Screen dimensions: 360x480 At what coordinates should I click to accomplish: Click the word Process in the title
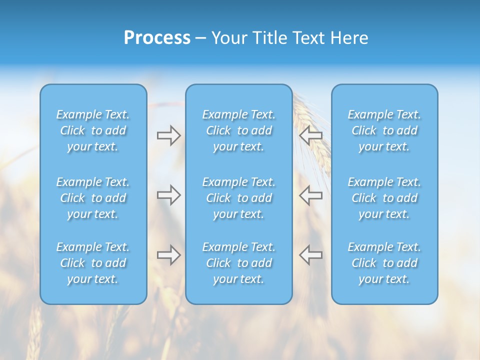tap(157, 38)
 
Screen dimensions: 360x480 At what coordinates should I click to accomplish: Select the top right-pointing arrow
tap(168, 135)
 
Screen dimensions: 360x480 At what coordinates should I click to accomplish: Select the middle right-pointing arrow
tap(168, 195)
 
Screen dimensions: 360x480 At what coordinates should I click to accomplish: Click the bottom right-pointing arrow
tap(168, 255)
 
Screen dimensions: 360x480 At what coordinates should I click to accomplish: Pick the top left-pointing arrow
tap(310, 135)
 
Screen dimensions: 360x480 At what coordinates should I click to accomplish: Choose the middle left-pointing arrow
tap(310, 195)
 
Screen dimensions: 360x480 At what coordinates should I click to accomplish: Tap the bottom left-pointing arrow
tap(310, 255)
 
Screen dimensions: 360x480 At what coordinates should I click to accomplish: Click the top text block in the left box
tap(93, 130)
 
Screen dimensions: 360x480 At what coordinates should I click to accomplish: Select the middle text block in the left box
tap(93, 198)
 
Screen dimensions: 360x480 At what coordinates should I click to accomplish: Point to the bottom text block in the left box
tap(93, 263)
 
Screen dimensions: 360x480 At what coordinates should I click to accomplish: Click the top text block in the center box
tap(238, 130)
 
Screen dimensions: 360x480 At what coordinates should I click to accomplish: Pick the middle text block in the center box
tap(238, 198)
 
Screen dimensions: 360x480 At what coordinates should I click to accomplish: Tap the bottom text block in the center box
tap(238, 263)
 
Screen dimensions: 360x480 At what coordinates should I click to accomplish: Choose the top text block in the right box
tap(384, 130)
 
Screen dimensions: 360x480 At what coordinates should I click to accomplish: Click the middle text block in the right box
tap(384, 198)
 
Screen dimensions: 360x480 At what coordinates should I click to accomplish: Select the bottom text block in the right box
tap(384, 263)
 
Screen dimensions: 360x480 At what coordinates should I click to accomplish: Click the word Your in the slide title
tap(229, 38)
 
